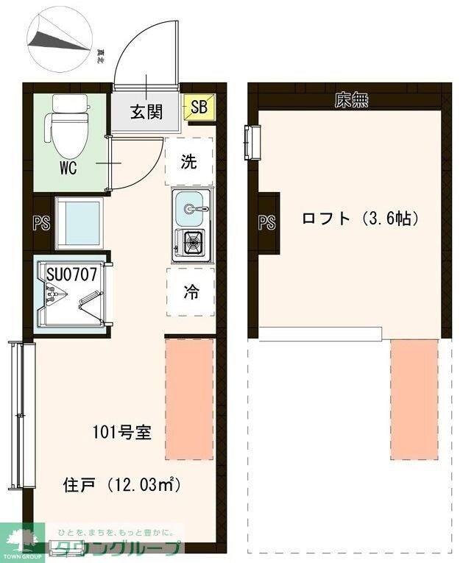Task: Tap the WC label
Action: coord(68,166)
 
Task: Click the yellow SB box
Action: coord(199,107)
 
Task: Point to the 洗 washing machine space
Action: coord(189,162)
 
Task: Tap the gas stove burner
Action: coord(192,241)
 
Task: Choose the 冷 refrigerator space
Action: coord(190,291)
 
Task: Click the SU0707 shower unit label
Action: coord(72,274)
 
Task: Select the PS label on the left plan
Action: coord(41,223)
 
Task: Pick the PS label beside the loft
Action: coord(266,222)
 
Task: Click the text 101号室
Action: coord(122,432)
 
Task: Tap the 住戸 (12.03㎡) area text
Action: coord(122,485)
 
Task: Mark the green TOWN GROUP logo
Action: coord(22,542)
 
